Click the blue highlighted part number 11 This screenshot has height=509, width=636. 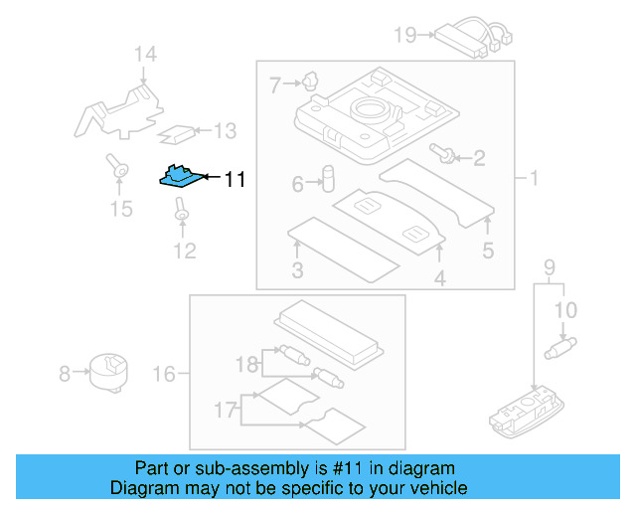tap(180, 177)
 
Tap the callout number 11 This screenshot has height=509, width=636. tap(234, 180)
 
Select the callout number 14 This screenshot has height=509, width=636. tap(146, 54)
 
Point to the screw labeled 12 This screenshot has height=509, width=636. tap(182, 210)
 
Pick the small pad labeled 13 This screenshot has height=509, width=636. tap(179, 131)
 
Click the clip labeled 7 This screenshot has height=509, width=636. tap(311, 82)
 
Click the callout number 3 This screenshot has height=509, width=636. tap(297, 271)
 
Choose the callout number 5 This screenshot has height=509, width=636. tap(487, 251)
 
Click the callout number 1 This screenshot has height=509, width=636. tap(533, 179)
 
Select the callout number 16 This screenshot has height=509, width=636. tap(164, 374)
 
